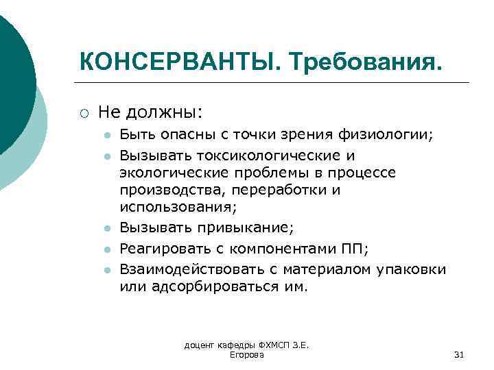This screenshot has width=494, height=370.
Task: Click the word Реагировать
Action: pos(161,249)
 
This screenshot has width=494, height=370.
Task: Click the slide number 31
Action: pos(459,354)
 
